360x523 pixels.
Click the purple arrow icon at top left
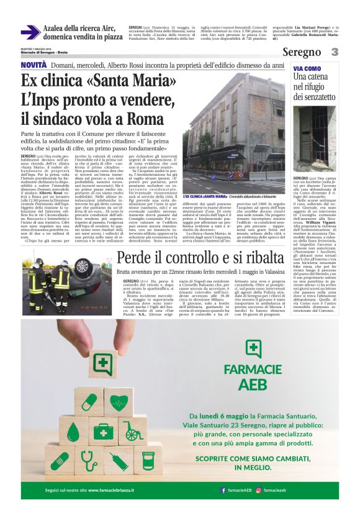click(x=30, y=32)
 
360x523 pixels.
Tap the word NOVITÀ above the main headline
click(x=34, y=65)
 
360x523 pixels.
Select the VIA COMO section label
click(x=307, y=68)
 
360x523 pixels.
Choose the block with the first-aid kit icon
click(x=103, y=430)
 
